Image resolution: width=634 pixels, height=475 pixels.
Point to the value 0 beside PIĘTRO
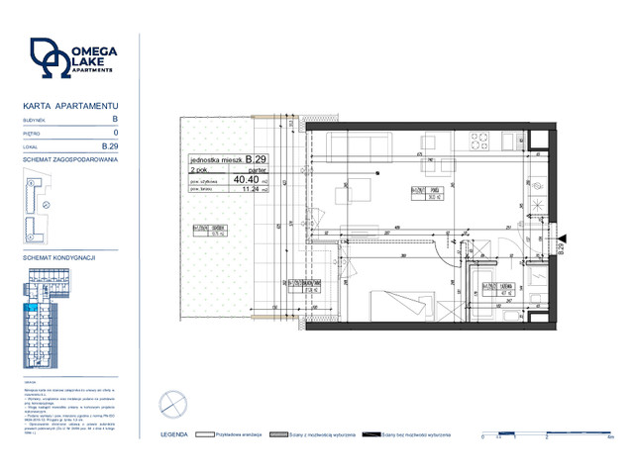[x=115, y=132]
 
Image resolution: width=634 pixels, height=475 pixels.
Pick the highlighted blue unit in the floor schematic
[x=34, y=310]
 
